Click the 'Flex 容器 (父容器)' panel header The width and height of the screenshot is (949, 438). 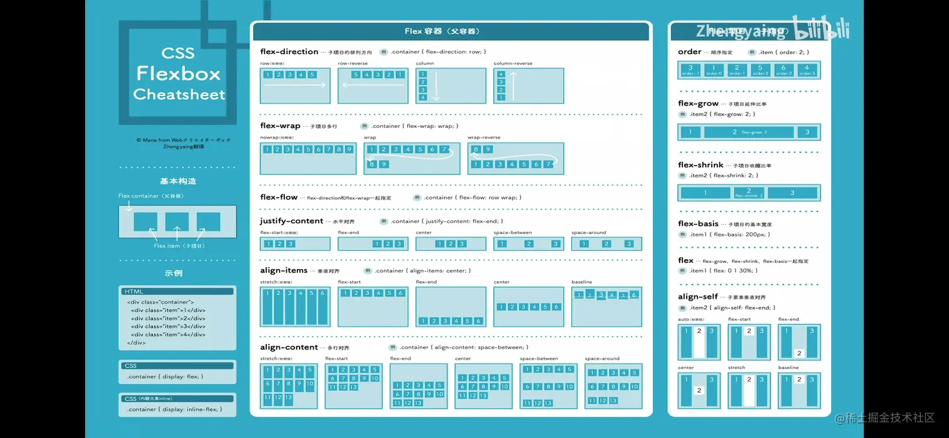coord(451,31)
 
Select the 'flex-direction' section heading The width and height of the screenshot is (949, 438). coord(289,51)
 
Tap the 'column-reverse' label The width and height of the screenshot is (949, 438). coord(513,63)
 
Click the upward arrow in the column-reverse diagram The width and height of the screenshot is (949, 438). coord(513,86)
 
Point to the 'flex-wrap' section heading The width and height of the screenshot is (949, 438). coord(280,126)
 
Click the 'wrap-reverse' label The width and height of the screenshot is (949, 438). coord(483,137)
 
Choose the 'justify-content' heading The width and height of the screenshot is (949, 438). coord(291,221)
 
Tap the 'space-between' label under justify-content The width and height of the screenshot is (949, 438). coord(512,233)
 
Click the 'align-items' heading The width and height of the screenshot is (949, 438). coord(284,270)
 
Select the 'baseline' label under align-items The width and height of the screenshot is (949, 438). coord(581,282)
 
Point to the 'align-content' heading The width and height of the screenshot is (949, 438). coord(289,347)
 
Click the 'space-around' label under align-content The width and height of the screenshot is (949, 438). coord(602,359)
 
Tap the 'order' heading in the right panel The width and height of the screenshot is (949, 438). coord(689,51)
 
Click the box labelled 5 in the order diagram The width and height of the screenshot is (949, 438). coord(760,70)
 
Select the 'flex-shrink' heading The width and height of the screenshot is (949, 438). coord(700,165)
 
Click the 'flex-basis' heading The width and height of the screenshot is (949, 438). coord(698,223)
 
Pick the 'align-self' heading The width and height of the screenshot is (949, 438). coord(698,296)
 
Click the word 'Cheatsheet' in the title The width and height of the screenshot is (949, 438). coord(179,95)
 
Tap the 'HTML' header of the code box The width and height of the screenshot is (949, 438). coord(134,291)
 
